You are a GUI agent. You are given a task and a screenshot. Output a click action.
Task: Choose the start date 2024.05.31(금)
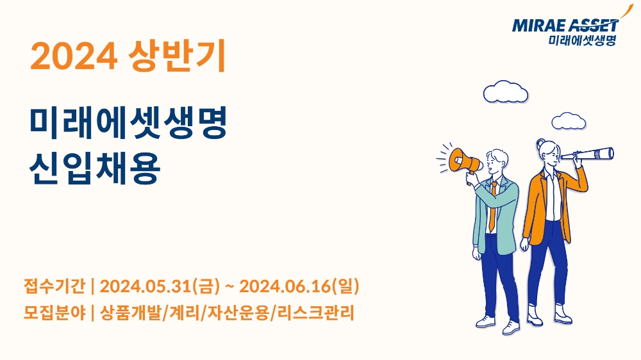point(160,284)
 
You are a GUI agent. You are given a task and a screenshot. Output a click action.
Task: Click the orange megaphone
point(465,160)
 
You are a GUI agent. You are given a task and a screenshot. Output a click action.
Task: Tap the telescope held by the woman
point(592,154)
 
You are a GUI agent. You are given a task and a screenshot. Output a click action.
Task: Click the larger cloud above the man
point(506,92)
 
